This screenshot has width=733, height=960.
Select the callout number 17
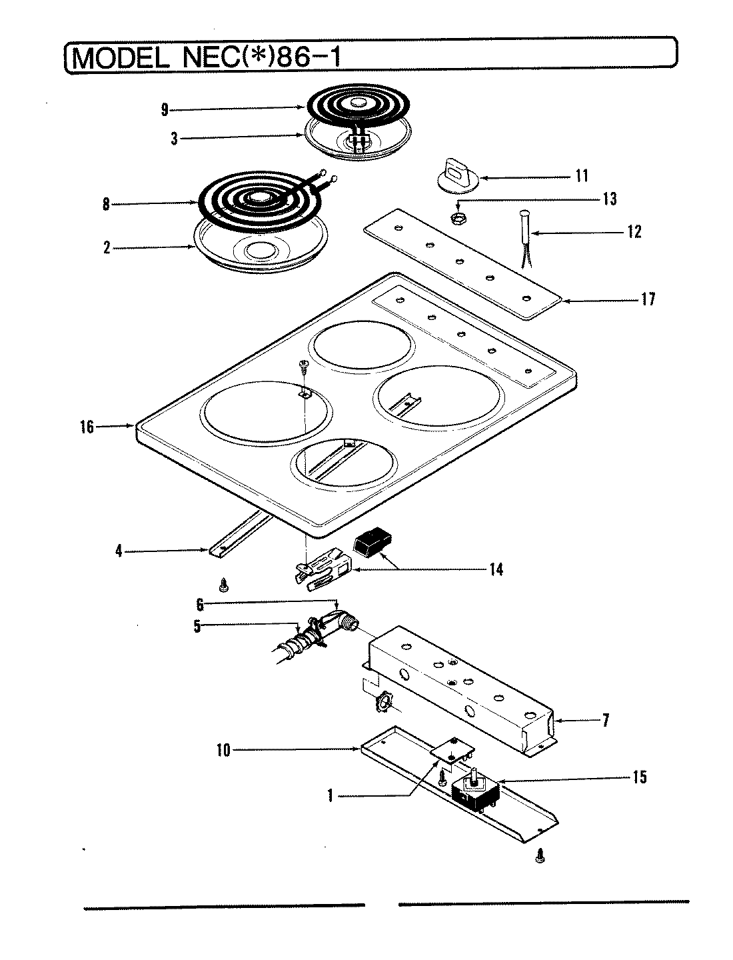point(648,299)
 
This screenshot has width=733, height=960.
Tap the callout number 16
point(87,427)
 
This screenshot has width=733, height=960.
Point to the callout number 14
point(495,569)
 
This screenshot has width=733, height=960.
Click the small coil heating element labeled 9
point(358,105)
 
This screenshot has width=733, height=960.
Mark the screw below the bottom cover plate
point(540,856)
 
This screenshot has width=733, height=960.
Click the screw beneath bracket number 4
point(224,586)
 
